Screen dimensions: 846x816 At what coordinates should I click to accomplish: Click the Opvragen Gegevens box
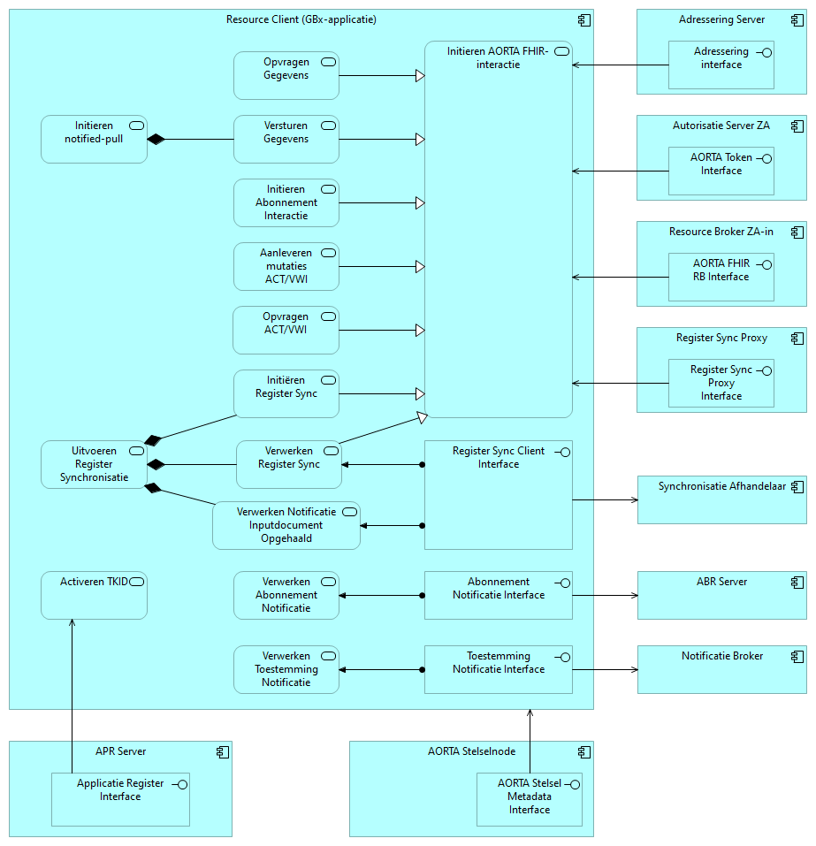point(286,76)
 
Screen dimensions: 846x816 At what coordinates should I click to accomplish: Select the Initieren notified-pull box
point(94,140)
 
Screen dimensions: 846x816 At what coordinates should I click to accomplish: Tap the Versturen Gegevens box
point(286,140)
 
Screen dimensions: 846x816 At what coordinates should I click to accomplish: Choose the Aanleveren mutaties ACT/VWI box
point(286,267)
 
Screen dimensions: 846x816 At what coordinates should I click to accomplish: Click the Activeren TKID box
point(94,595)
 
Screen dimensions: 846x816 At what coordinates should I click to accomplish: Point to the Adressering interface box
point(721,65)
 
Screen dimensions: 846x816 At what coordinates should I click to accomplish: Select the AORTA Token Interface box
point(721,171)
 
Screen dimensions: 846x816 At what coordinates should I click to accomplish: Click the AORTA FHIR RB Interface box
point(721,278)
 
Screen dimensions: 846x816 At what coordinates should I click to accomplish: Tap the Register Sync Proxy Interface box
point(721,384)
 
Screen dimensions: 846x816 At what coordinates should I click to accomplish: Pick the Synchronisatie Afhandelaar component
point(721,500)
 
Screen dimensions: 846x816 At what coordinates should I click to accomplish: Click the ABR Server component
point(721,596)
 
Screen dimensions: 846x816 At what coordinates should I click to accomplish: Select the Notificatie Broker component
point(721,670)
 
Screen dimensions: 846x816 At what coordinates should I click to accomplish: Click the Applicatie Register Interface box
point(120,799)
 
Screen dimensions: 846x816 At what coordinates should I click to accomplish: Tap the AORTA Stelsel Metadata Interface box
point(529,799)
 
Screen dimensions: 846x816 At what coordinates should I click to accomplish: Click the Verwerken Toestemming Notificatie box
point(286,670)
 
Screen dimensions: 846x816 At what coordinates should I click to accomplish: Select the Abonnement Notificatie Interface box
point(498,595)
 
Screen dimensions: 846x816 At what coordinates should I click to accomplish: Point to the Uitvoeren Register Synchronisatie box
point(94,465)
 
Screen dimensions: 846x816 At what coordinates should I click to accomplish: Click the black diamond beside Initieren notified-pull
point(156,140)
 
